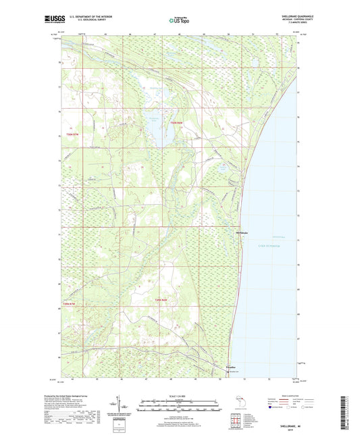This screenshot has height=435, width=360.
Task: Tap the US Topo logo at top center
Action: pyautogui.click(x=176, y=20)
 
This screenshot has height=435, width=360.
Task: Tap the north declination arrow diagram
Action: pyautogui.click(x=122, y=405)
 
